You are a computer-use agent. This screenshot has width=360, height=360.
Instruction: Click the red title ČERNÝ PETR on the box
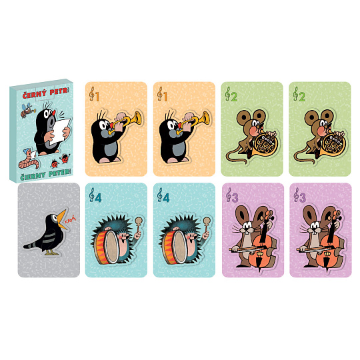tap(45, 93)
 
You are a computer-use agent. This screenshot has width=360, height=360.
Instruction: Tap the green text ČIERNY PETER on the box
tap(45, 175)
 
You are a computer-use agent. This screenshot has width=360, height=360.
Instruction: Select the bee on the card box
tap(27, 110)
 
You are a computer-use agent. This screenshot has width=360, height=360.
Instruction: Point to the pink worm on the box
tap(29, 161)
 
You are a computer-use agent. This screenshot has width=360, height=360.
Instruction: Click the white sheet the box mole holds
tap(61, 131)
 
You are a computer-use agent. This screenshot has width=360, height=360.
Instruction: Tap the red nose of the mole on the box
tap(54, 113)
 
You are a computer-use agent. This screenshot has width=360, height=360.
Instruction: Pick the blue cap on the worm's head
tap(27, 151)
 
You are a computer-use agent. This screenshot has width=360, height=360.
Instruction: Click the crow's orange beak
tap(62, 219)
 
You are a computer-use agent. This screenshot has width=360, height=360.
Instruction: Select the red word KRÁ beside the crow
tap(70, 220)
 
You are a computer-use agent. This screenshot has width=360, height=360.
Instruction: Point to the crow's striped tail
tap(32, 245)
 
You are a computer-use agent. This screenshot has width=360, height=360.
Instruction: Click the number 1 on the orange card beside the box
tap(97, 97)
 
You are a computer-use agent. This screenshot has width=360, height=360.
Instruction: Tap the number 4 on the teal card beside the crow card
tap(98, 198)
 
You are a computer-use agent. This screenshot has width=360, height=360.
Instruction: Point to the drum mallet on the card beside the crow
tap(139, 226)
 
